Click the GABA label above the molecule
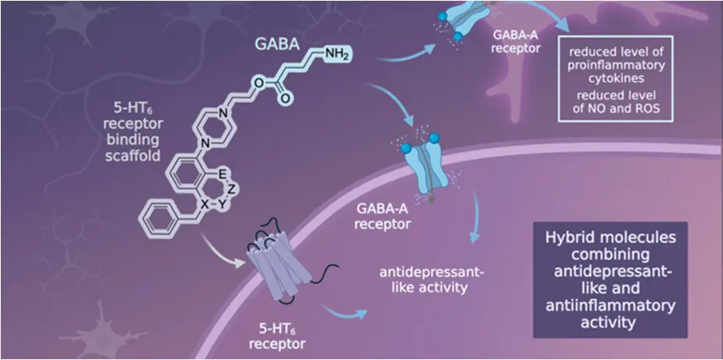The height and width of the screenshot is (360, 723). point(277,44)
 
